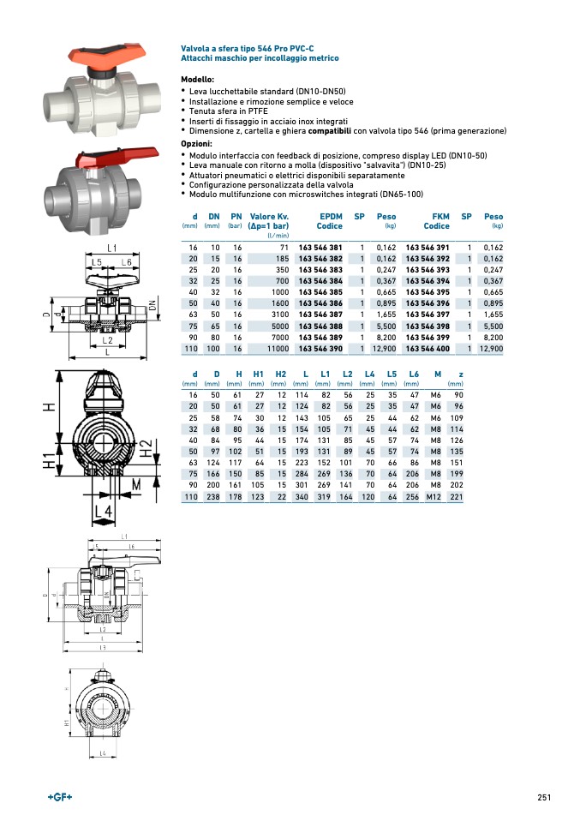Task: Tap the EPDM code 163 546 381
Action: pyautogui.click(x=320, y=247)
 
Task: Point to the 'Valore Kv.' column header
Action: pyautogui.click(x=268, y=217)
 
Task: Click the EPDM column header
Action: pyautogui.click(x=331, y=217)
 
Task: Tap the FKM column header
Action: pyautogui.click(x=440, y=217)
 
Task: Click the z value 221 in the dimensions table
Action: pyautogui.click(x=457, y=497)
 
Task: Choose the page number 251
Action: pyautogui.click(x=543, y=797)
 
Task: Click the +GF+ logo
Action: pyautogui.click(x=61, y=797)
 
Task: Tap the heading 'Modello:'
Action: pyautogui.click(x=197, y=79)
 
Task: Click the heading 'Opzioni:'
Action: pyautogui.click(x=196, y=144)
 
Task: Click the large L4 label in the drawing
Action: pyautogui.click(x=104, y=512)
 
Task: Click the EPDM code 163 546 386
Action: pyautogui.click(x=320, y=303)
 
